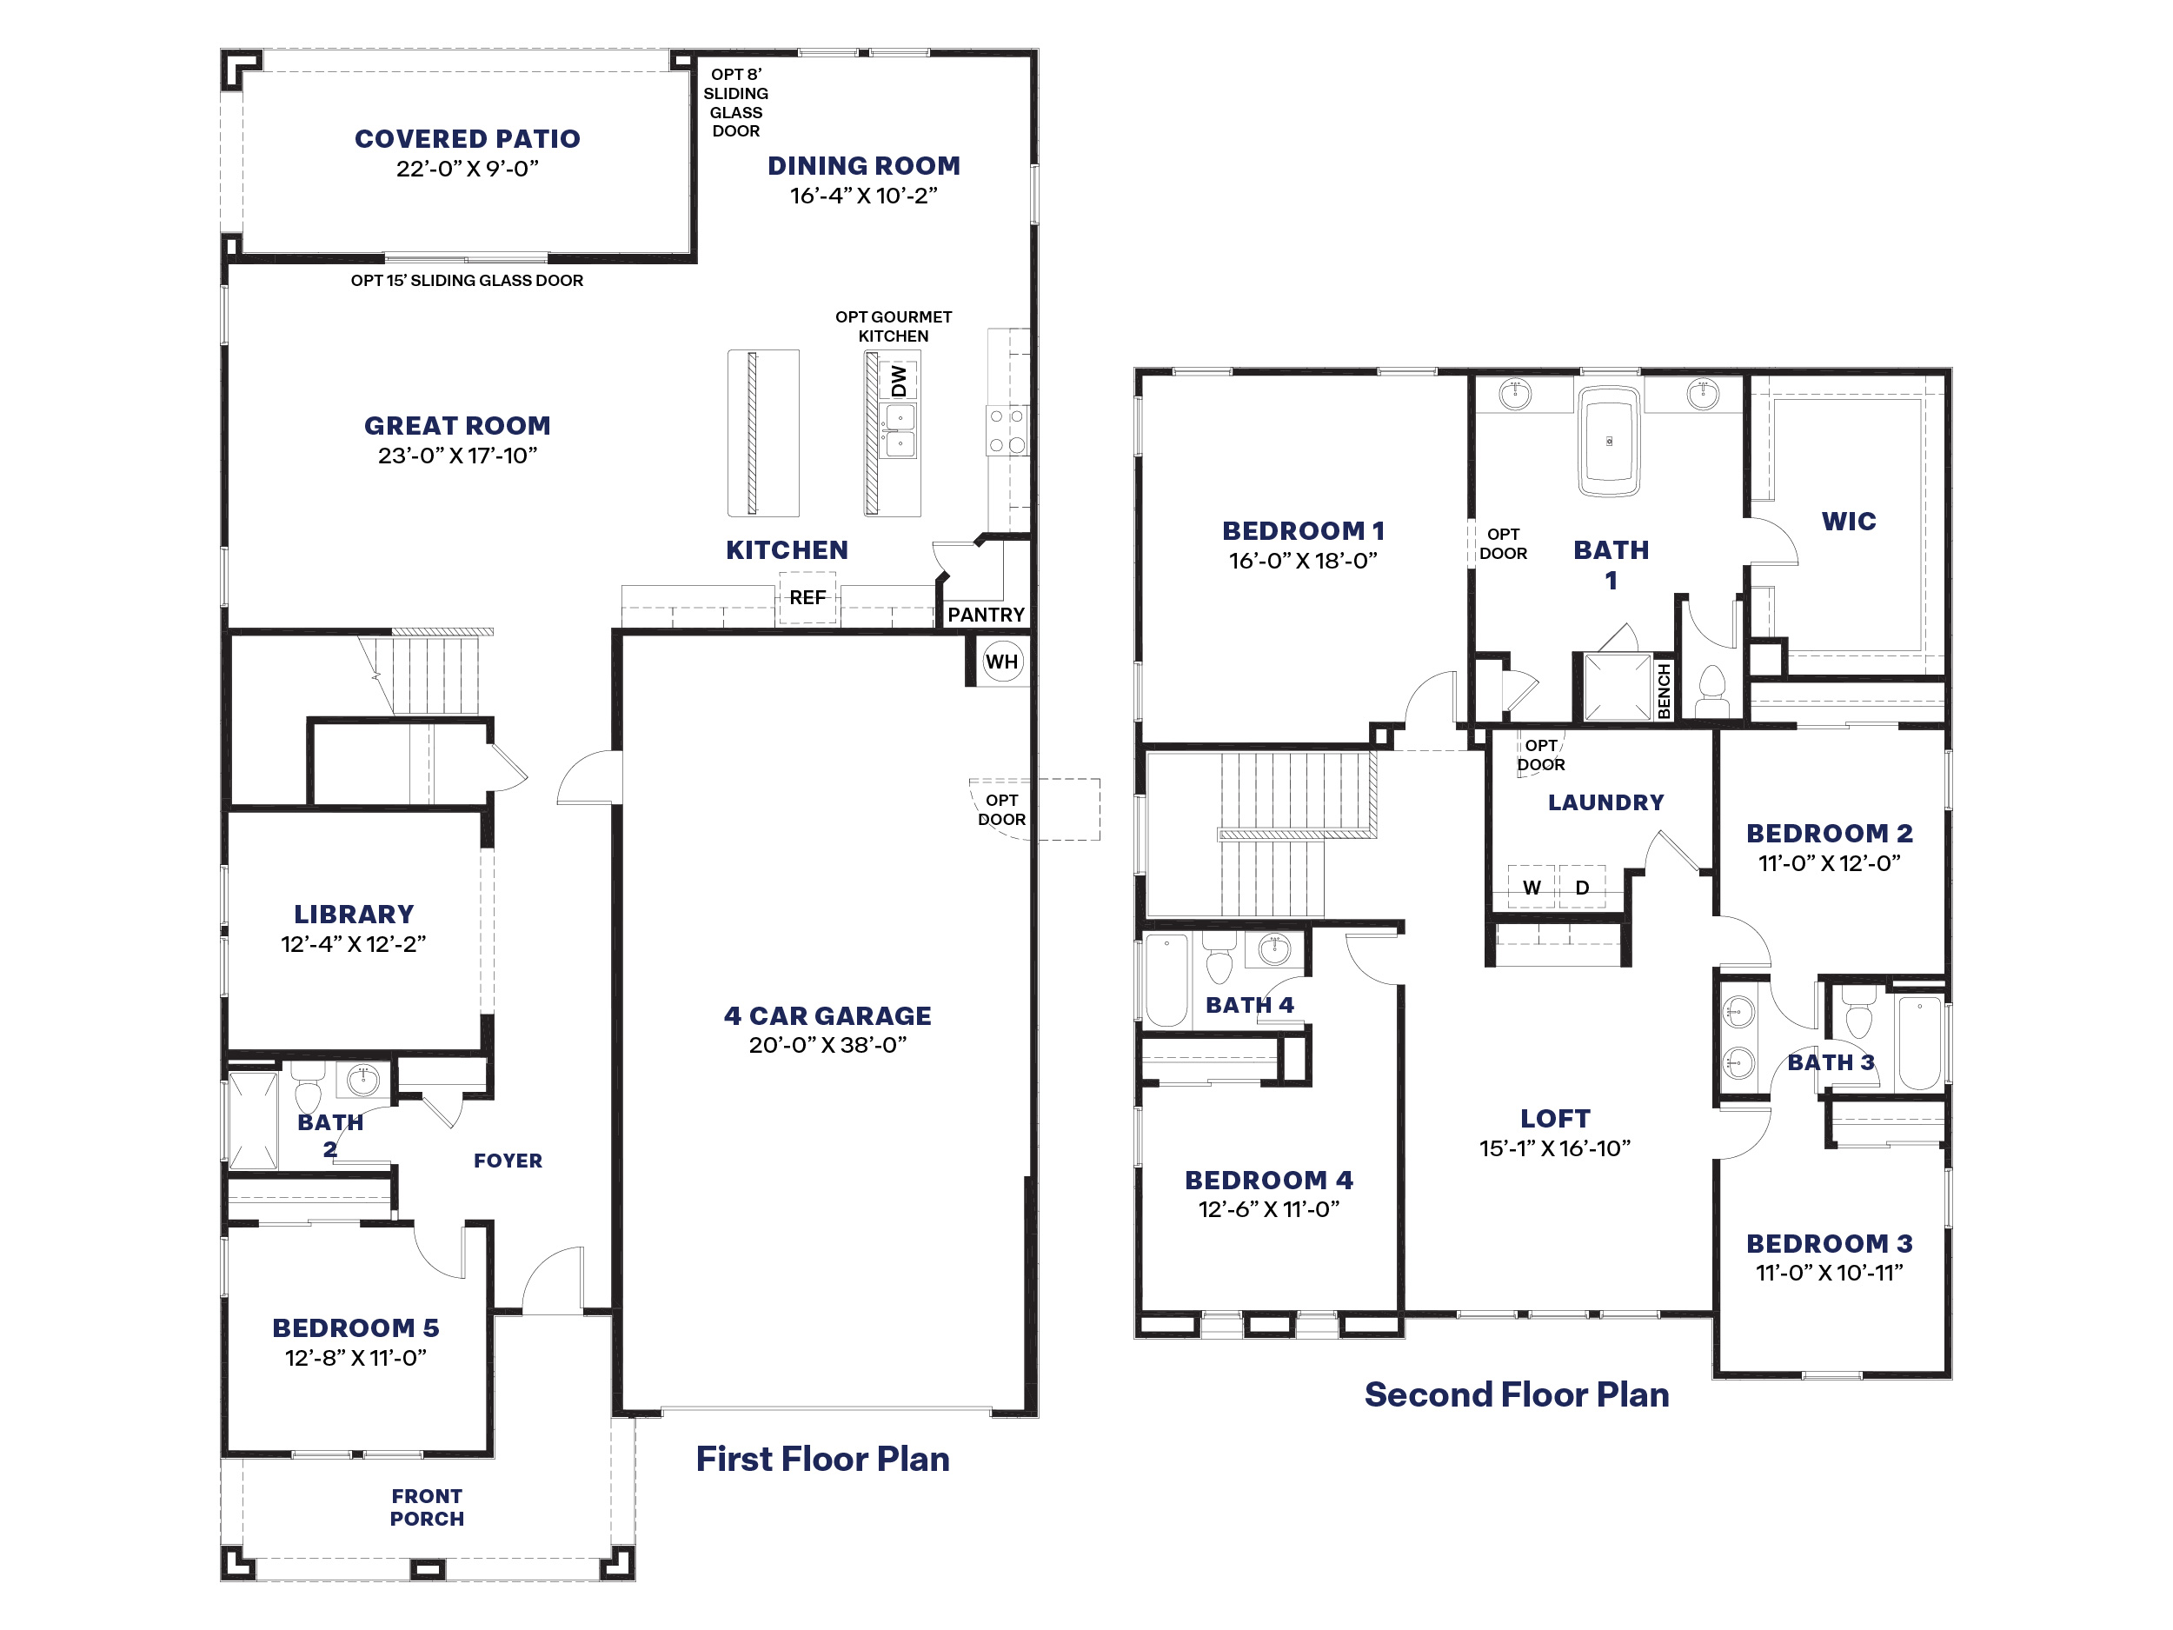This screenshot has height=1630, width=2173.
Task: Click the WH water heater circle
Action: pyautogui.click(x=1002, y=662)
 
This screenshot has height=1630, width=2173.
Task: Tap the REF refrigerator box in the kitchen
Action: pyautogui.click(x=807, y=598)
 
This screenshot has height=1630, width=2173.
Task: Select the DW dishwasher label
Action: pyautogui.click(x=899, y=380)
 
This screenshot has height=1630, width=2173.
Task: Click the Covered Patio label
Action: pyautogui.click(x=468, y=138)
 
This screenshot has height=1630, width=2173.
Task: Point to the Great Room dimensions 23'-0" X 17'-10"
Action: pyautogui.click(x=458, y=456)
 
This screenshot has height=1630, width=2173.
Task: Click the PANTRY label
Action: pyautogui.click(x=986, y=615)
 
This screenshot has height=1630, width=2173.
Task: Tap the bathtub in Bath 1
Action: pyautogui.click(x=1609, y=441)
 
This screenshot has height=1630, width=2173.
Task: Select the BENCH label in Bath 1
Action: pyautogui.click(x=1665, y=691)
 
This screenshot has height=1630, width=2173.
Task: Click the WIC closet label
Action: pyautogui.click(x=1849, y=522)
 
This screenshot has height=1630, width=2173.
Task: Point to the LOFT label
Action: pyautogui.click(x=1555, y=1118)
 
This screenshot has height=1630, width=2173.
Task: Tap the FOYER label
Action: pyautogui.click(x=508, y=1161)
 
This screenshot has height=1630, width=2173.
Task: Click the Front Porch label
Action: pyautogui.click(x=427, y=1507)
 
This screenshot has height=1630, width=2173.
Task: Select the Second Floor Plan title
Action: pyautogui.click(x=1517, y=1395)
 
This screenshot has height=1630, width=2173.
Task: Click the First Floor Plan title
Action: pyautogui.click(x=822, y=1459)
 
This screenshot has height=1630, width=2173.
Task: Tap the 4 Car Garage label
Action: pyautogui.click(x=827, y=1016)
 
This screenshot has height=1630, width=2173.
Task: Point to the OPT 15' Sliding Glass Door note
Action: pyautogui.click(x=467, y=281)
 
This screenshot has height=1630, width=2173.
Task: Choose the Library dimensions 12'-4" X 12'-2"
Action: pyautogui.click(x=354, y=944)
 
